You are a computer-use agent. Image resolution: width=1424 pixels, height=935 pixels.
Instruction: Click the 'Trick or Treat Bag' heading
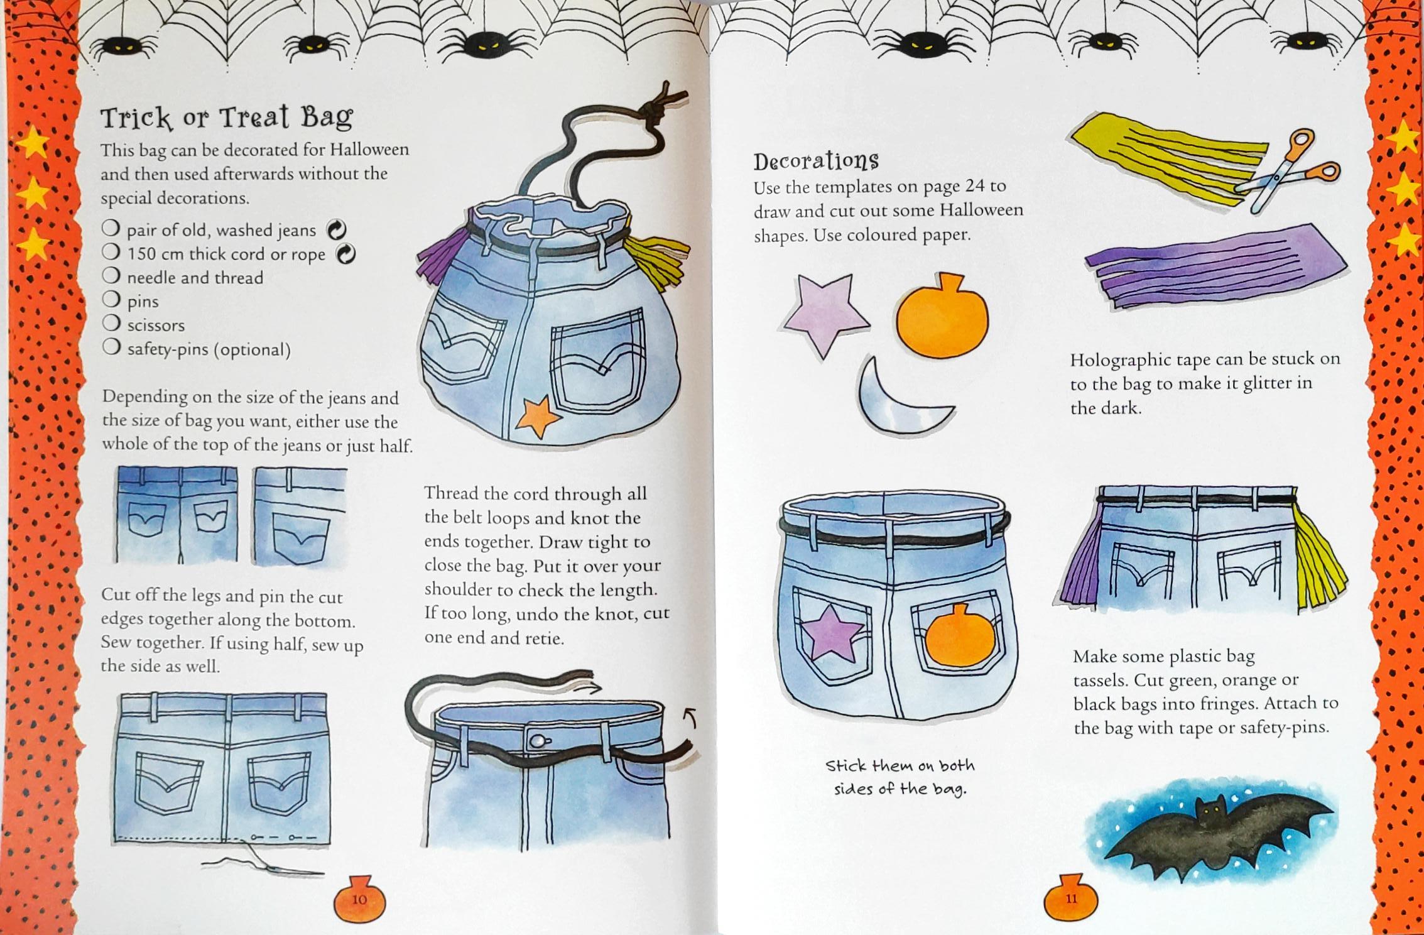pos(227,118)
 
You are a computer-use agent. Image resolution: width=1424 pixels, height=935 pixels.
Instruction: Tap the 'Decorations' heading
pos(816,161)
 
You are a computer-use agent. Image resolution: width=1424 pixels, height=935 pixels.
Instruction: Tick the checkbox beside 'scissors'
pos(111,323)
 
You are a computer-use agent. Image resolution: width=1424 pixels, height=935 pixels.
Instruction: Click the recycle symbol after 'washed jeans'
pos(337,230)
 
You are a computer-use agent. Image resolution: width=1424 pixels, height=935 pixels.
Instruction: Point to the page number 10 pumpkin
pos(359,897)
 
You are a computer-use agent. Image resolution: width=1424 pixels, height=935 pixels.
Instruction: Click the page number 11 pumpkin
pos(1071,897)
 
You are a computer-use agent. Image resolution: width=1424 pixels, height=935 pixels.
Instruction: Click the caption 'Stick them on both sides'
pos(900,777)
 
